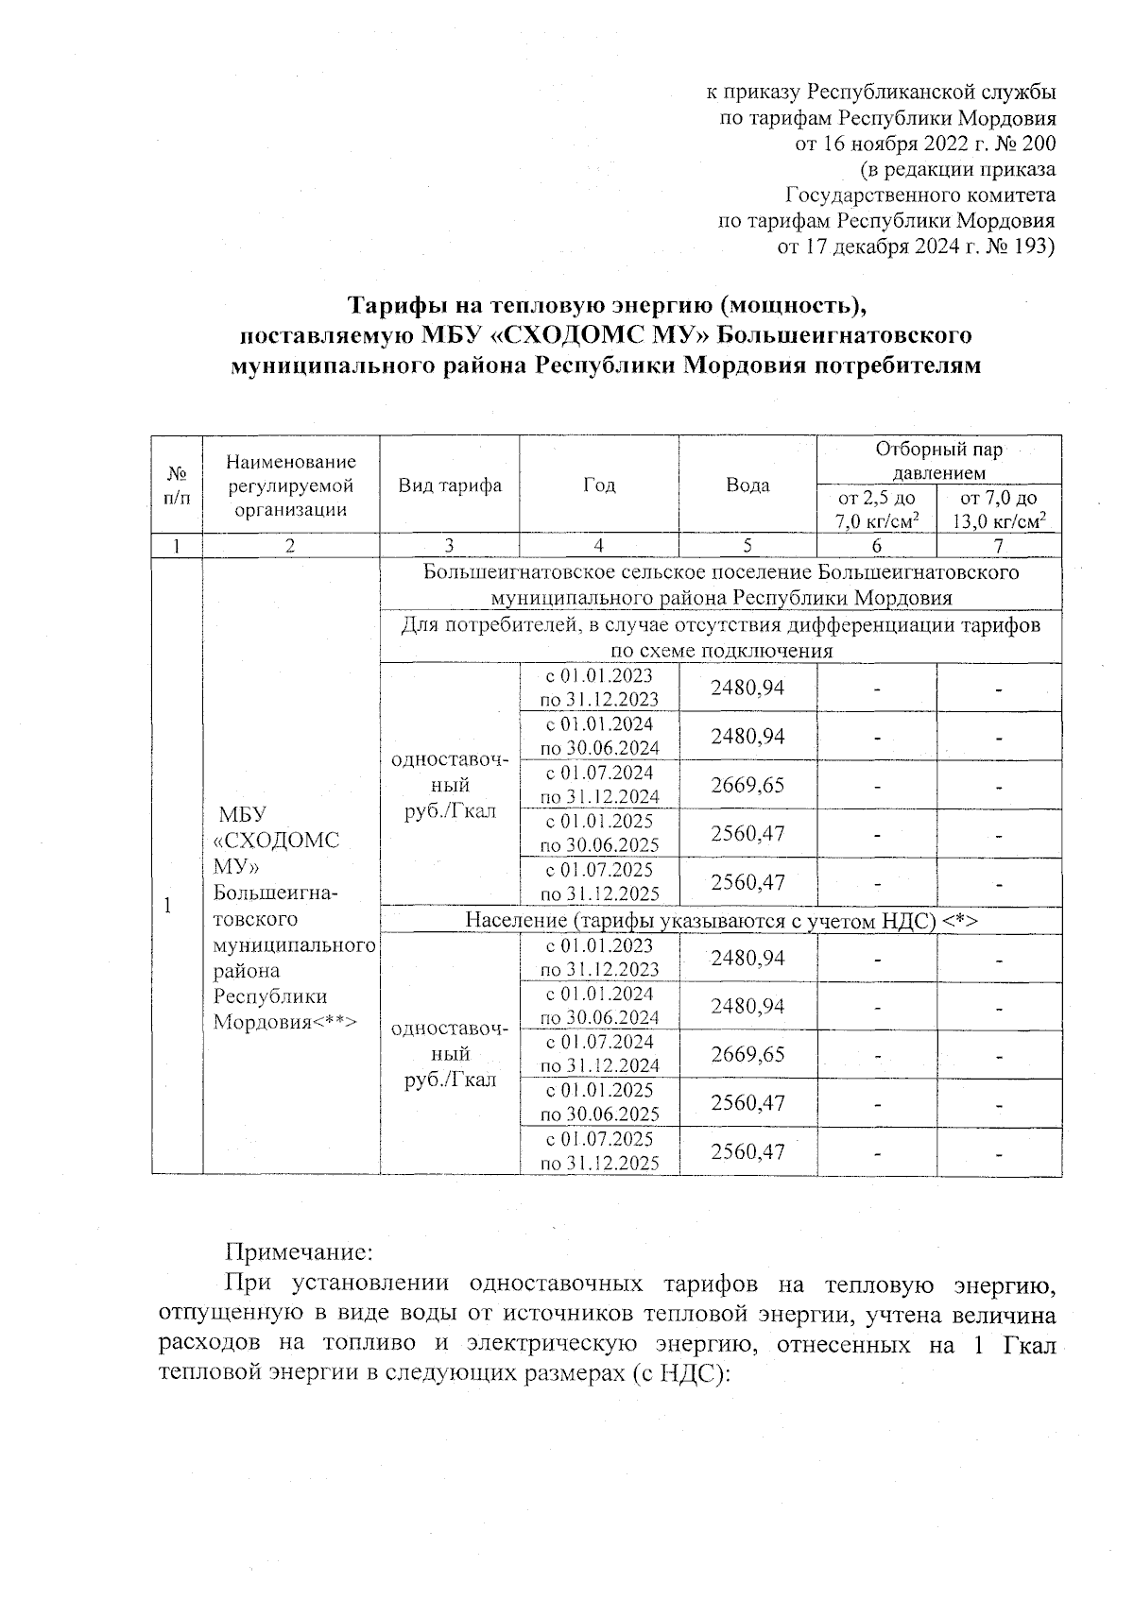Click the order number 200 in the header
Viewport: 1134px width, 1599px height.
(1039, 145)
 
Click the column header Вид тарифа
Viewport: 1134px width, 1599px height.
(450, 485)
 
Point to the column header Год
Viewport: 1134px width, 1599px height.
(599, 485)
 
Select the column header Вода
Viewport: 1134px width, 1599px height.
(747, 485)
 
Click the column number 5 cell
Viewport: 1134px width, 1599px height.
(747, 546)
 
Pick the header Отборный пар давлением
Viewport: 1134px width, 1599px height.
(939, 460)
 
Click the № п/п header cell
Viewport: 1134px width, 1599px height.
(177, 485)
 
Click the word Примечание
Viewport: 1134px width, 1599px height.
(299, 1252)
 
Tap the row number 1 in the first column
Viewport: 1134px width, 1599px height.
(167, 905)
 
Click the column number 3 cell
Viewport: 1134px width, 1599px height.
(450, 546)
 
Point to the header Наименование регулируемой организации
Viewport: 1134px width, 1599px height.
(291, 485)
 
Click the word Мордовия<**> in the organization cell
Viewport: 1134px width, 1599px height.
(284, 1022)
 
